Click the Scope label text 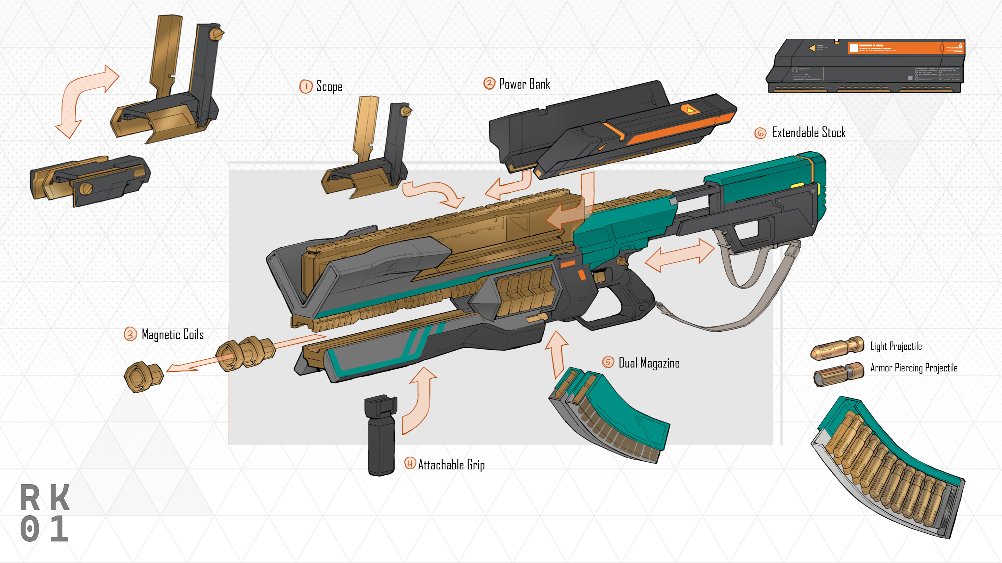(329, 86)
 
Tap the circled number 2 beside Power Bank (489, 83)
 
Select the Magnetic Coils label (172, 334)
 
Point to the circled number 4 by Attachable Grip (410, 463)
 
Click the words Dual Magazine (649, 363)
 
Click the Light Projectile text (896, 346)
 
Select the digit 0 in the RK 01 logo (30, 529)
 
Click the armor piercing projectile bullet (838, 374)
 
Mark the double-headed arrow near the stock (679, 255)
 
